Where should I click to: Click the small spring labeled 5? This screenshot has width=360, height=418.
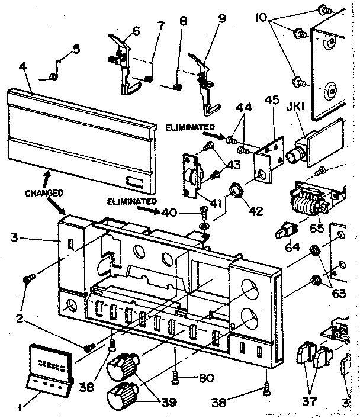54,76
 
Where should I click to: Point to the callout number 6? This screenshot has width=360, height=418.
136,31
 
